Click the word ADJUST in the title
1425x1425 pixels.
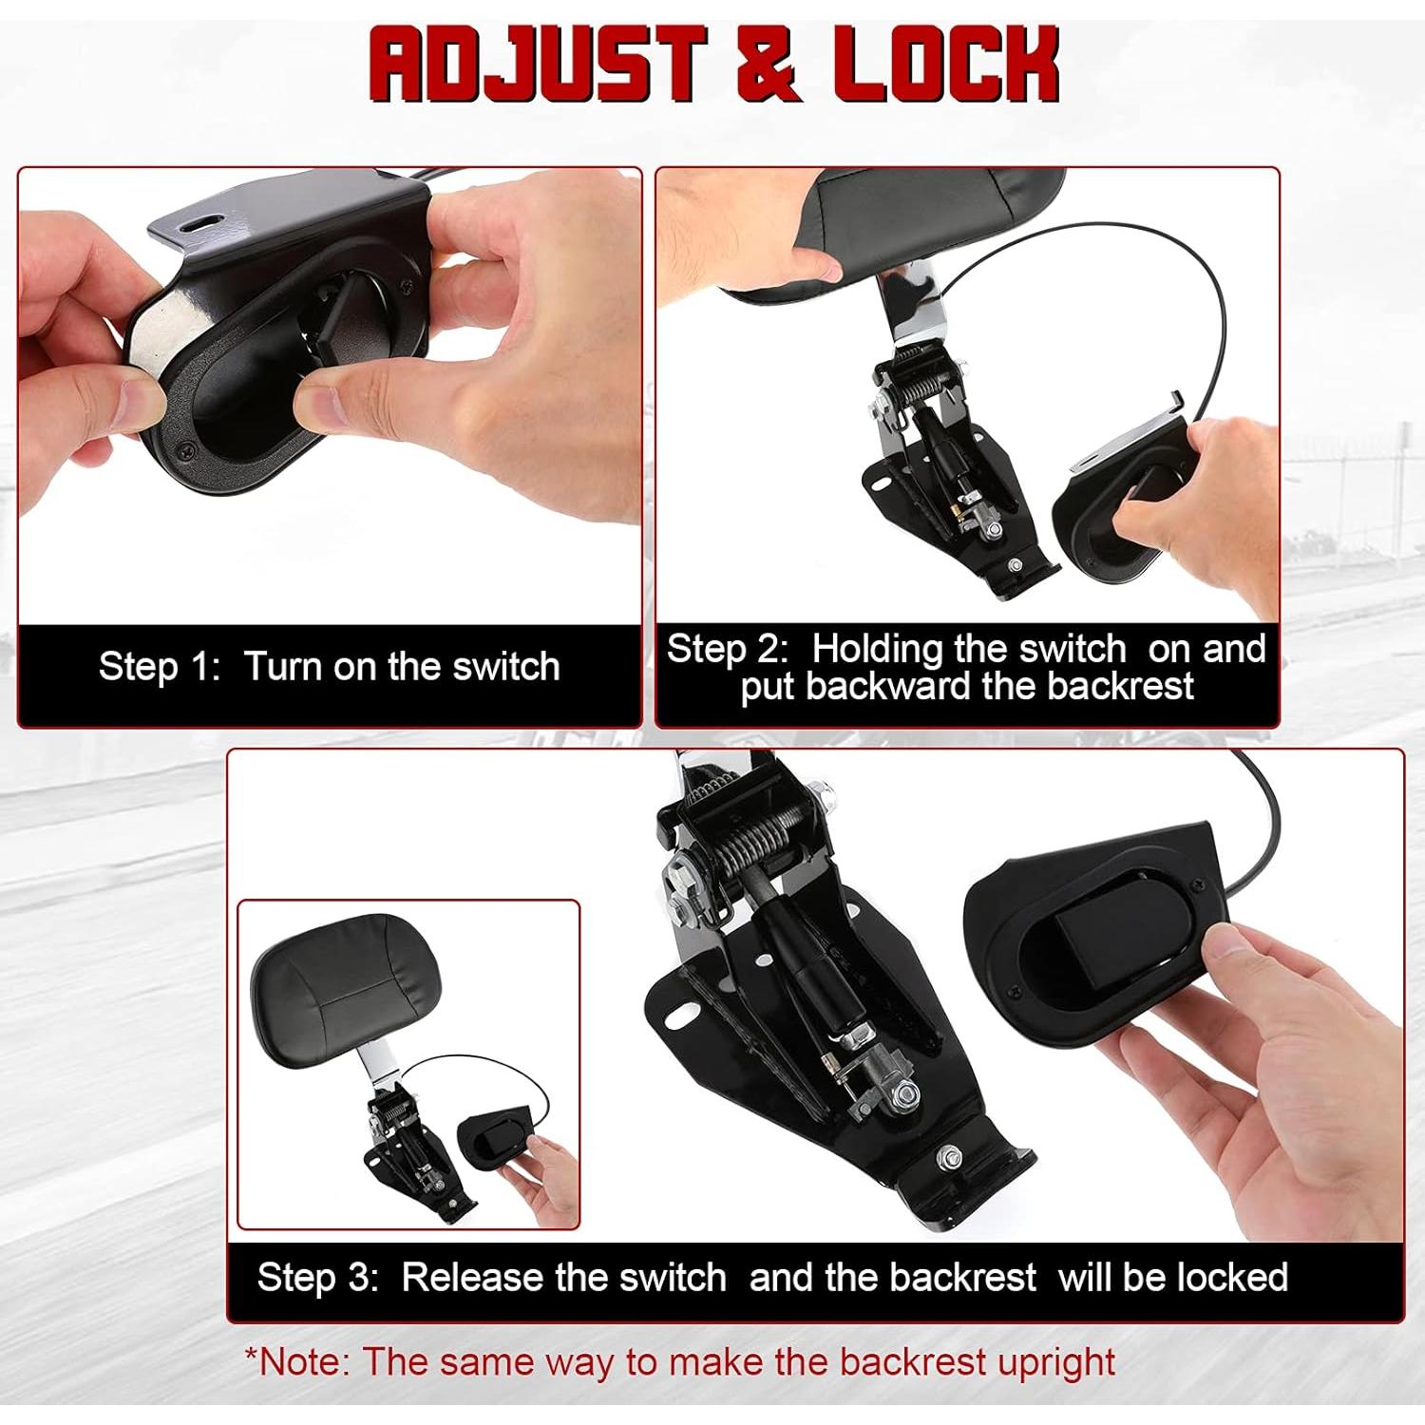coord(538,65)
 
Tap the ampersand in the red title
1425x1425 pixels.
coord(768,65)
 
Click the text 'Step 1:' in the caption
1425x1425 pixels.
coord(159,667)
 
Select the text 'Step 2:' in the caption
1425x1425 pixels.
coord(727,650)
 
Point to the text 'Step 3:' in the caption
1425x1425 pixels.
coord(317,1278)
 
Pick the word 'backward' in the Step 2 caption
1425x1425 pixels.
coord(889,687)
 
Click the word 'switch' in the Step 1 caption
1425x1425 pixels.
coord(505,667)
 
